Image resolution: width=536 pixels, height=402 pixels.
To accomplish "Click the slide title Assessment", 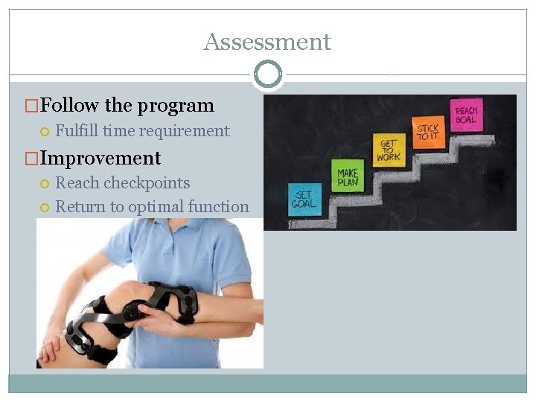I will (267, 42).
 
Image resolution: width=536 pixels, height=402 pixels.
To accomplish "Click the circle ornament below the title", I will (268, 74).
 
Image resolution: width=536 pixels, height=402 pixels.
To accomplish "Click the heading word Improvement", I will (100, 159).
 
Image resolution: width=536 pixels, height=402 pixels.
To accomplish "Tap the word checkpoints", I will (147, 183).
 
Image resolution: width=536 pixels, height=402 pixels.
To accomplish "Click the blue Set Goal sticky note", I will (304, 200).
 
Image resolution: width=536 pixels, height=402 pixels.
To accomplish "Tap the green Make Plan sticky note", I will (348, 177).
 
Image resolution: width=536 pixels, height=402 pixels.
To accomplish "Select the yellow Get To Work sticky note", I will (388, 151).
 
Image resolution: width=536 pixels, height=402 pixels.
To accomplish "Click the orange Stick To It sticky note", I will (428, 133).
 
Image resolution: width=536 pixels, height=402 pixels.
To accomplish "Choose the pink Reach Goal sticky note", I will (468, 115).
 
